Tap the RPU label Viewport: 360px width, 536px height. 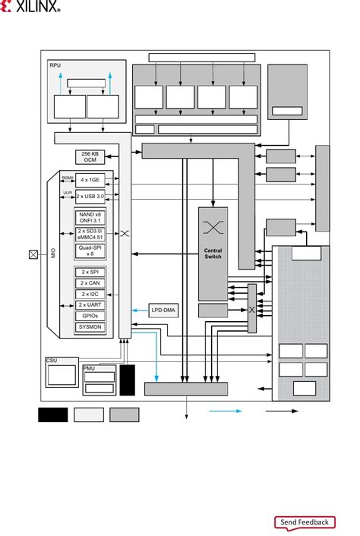click(x=55, y=65)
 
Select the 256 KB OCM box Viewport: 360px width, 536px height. click(x=90, y=157)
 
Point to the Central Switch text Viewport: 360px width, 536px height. click(x=212, y=254)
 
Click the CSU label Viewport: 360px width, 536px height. click(x=52, y=361)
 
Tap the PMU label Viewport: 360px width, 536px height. click(x=88, y=368)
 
